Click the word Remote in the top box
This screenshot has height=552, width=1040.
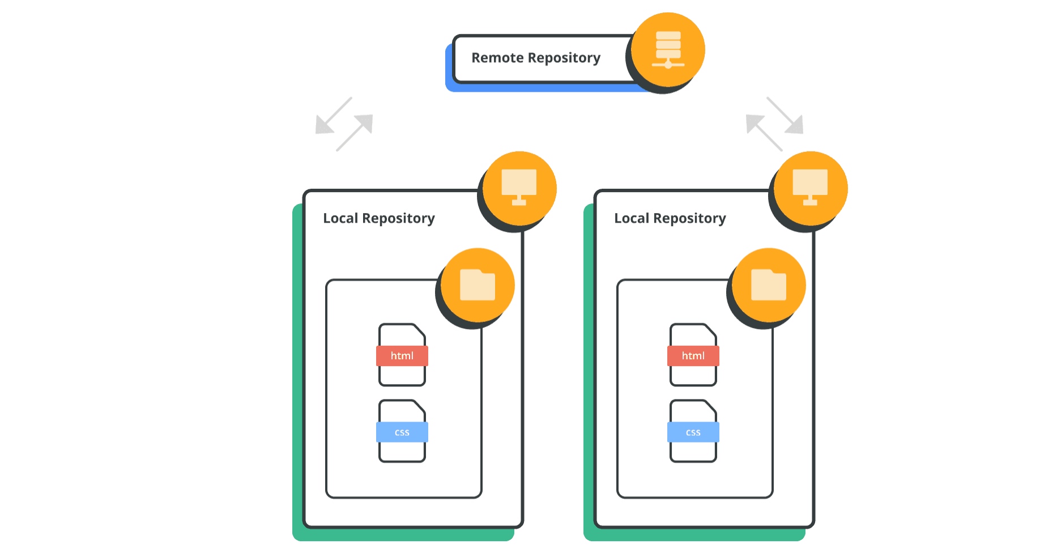click(497, 58)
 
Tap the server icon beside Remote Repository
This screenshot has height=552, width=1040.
click(668, 50)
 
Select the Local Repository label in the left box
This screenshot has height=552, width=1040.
click(379, 218)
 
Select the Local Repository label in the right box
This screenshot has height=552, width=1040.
click(670, 218)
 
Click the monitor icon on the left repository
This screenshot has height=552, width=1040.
click(519, 187)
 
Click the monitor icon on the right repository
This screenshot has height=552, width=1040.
click(810, 187)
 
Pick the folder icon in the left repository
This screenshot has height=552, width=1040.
click(478, 285)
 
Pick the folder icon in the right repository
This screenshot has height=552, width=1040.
click(769, 285)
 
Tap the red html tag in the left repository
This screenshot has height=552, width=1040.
click(402, 356)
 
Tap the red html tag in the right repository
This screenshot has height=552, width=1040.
click(693, 356)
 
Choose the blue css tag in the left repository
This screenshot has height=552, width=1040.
click(402, 432)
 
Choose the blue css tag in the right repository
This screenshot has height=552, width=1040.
click(693, 432)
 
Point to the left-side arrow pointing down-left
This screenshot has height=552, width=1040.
click(334, 116)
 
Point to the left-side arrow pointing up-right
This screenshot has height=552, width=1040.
click(355, 133)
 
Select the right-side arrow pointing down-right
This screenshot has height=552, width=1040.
click(785, 116)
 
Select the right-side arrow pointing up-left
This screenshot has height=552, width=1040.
click(764, 133)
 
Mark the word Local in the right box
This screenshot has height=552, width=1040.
click(632, 218)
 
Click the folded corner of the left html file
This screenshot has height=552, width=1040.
click(420, 330)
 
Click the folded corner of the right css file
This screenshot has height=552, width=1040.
click(711, 406)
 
